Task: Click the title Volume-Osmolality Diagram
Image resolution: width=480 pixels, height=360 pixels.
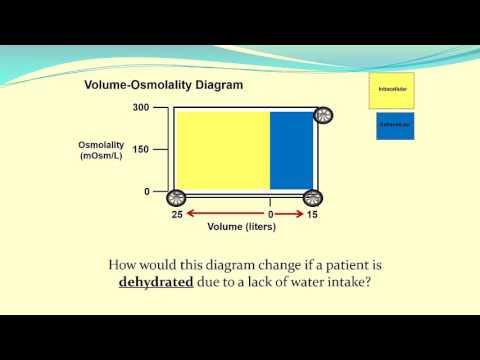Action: click(x=164, y=85)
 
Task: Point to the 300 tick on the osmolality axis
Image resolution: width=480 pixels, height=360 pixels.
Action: click(x=140, y=107)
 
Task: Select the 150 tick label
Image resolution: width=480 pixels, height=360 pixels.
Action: click(x=140, y=149)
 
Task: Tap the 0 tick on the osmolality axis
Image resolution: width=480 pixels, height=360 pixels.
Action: click(x=147, y=191)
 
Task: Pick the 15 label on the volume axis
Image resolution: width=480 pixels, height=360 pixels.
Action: click(x=311, y=215)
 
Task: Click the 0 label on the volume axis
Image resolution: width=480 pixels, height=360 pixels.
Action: click(x=270, y=215)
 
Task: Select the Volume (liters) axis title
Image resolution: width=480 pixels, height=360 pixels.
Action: click(x=241, y=227)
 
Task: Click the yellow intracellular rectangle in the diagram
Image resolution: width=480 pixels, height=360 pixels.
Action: click(x=222, y=150)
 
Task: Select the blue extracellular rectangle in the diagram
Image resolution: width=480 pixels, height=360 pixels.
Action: click(x=292, y=150)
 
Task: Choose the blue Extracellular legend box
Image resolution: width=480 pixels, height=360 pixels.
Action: click(x=395, y=126)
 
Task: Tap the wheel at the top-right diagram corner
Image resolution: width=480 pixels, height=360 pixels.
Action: click(x=323, y=115)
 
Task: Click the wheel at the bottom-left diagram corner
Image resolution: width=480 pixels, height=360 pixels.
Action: click(x=176, y=198)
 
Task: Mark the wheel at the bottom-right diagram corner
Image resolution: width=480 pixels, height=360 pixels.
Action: click(x=312, y=198)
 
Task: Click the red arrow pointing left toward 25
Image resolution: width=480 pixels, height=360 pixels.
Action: click(x=220, y=214)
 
